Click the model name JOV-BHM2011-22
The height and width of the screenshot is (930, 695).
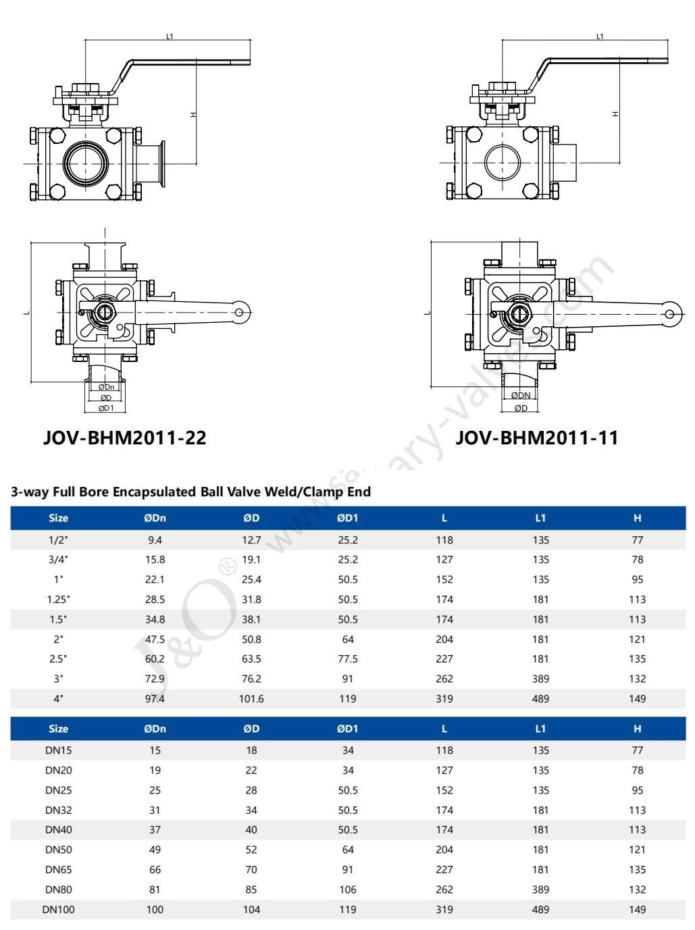124,438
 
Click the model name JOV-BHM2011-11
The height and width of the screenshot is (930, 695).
537,438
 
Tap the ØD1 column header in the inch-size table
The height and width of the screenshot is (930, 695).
347,518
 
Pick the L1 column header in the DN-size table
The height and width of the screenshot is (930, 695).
540,729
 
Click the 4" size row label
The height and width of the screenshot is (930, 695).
58,699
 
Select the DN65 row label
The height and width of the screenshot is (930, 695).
58,870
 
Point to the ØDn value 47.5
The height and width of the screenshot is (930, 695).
155,640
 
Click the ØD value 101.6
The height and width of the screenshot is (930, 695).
251,699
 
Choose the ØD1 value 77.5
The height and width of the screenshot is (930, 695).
347,659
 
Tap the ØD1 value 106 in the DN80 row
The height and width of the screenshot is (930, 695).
347,890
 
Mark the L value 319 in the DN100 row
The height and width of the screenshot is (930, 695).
444,910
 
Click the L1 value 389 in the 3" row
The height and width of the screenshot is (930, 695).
540,679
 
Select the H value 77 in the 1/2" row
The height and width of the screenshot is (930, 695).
637,540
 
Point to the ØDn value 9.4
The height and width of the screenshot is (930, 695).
155,540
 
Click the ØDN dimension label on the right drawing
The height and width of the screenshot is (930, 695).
521,396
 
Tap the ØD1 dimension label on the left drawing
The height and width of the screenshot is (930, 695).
106,408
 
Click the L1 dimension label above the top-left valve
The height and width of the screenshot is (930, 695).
170,36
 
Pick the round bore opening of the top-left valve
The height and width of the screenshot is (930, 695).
86,163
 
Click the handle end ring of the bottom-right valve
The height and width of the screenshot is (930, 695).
669,314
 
